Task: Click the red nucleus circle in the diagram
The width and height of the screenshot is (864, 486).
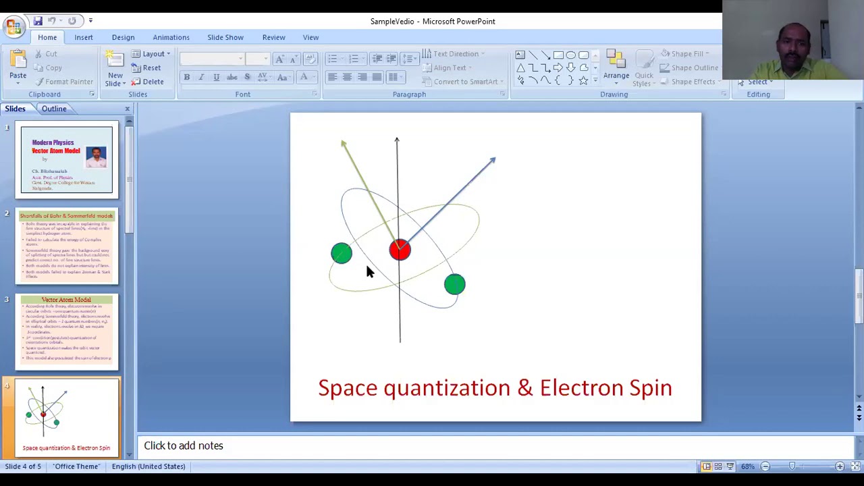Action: [400, 250]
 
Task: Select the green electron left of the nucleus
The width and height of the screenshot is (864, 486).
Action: [342, 253]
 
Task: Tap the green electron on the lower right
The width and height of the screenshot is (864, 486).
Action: [455, 284]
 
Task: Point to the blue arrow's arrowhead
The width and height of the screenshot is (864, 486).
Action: [492, 161]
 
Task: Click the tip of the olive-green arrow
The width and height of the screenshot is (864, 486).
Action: [344, 143]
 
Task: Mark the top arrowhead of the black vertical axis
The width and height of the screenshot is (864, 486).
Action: [397, 140]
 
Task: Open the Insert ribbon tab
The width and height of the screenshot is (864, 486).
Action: [84, 37]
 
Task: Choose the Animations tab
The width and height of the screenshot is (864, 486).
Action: [171, 37]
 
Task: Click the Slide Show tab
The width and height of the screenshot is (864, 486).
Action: [225, 37]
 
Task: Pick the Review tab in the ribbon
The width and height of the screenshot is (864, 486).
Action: [273, 37]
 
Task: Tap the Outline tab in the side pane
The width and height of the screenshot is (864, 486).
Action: [54, 109]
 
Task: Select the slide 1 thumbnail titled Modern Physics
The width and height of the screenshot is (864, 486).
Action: [67, 159]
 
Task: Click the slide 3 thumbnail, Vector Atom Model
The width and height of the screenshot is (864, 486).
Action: [67, 331]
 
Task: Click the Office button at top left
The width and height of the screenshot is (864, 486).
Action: [13, 26]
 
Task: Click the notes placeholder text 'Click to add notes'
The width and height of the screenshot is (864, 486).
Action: [184, 446]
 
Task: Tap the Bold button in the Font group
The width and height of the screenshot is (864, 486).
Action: [187, 78]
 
